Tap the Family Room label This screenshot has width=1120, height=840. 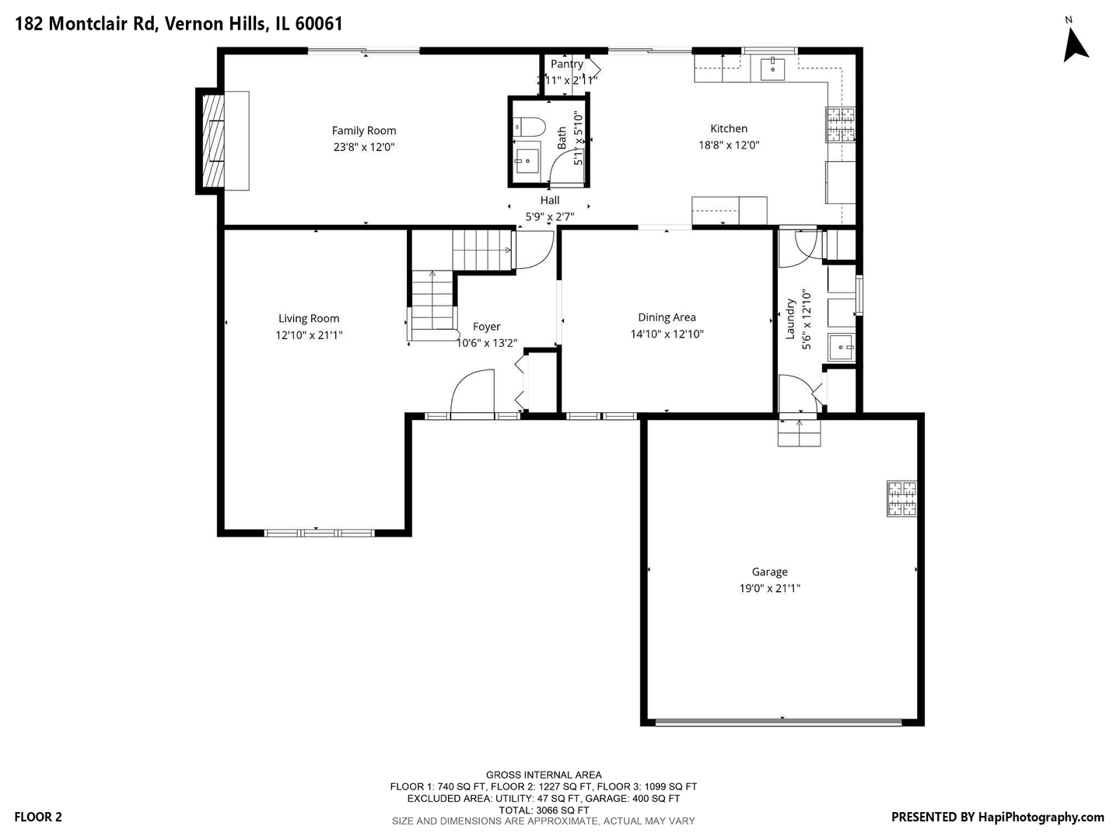pos(364,131)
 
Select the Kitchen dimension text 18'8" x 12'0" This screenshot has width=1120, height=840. pos(729,145)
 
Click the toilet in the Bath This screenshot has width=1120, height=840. pos(529,126)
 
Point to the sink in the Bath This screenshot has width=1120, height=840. pos(526,162)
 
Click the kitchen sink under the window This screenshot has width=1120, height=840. pos(773,69)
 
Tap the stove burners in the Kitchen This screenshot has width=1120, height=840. pos(840,124)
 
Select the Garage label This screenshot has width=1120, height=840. pos(769,572)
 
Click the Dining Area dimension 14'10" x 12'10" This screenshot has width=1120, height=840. pos(667,334)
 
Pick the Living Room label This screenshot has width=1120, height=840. pos(309,319)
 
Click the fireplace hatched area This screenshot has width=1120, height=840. pos(213,141)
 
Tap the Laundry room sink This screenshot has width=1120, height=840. pos(841,348)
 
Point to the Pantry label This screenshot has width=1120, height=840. pos(567,65)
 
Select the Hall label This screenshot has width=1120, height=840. pos(550,201)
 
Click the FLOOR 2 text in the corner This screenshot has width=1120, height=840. pos(38,817)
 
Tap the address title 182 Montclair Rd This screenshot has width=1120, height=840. pos(85,24)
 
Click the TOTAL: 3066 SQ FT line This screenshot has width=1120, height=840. pos(544,810)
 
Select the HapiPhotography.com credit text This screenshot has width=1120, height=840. pos(1041,817)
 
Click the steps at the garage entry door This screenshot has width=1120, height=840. pos(799,433)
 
